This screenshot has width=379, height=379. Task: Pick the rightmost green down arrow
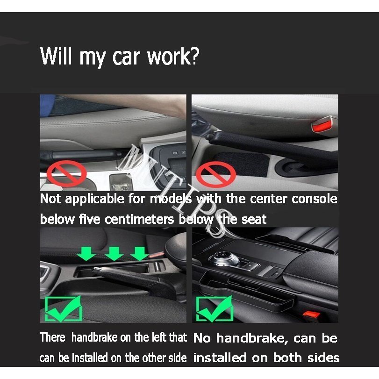139,252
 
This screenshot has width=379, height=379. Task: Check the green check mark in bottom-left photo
62,308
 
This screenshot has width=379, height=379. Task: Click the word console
314,199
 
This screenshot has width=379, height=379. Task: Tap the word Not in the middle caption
50,199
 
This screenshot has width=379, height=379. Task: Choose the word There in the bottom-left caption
53,337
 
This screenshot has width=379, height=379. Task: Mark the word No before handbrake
202,338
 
